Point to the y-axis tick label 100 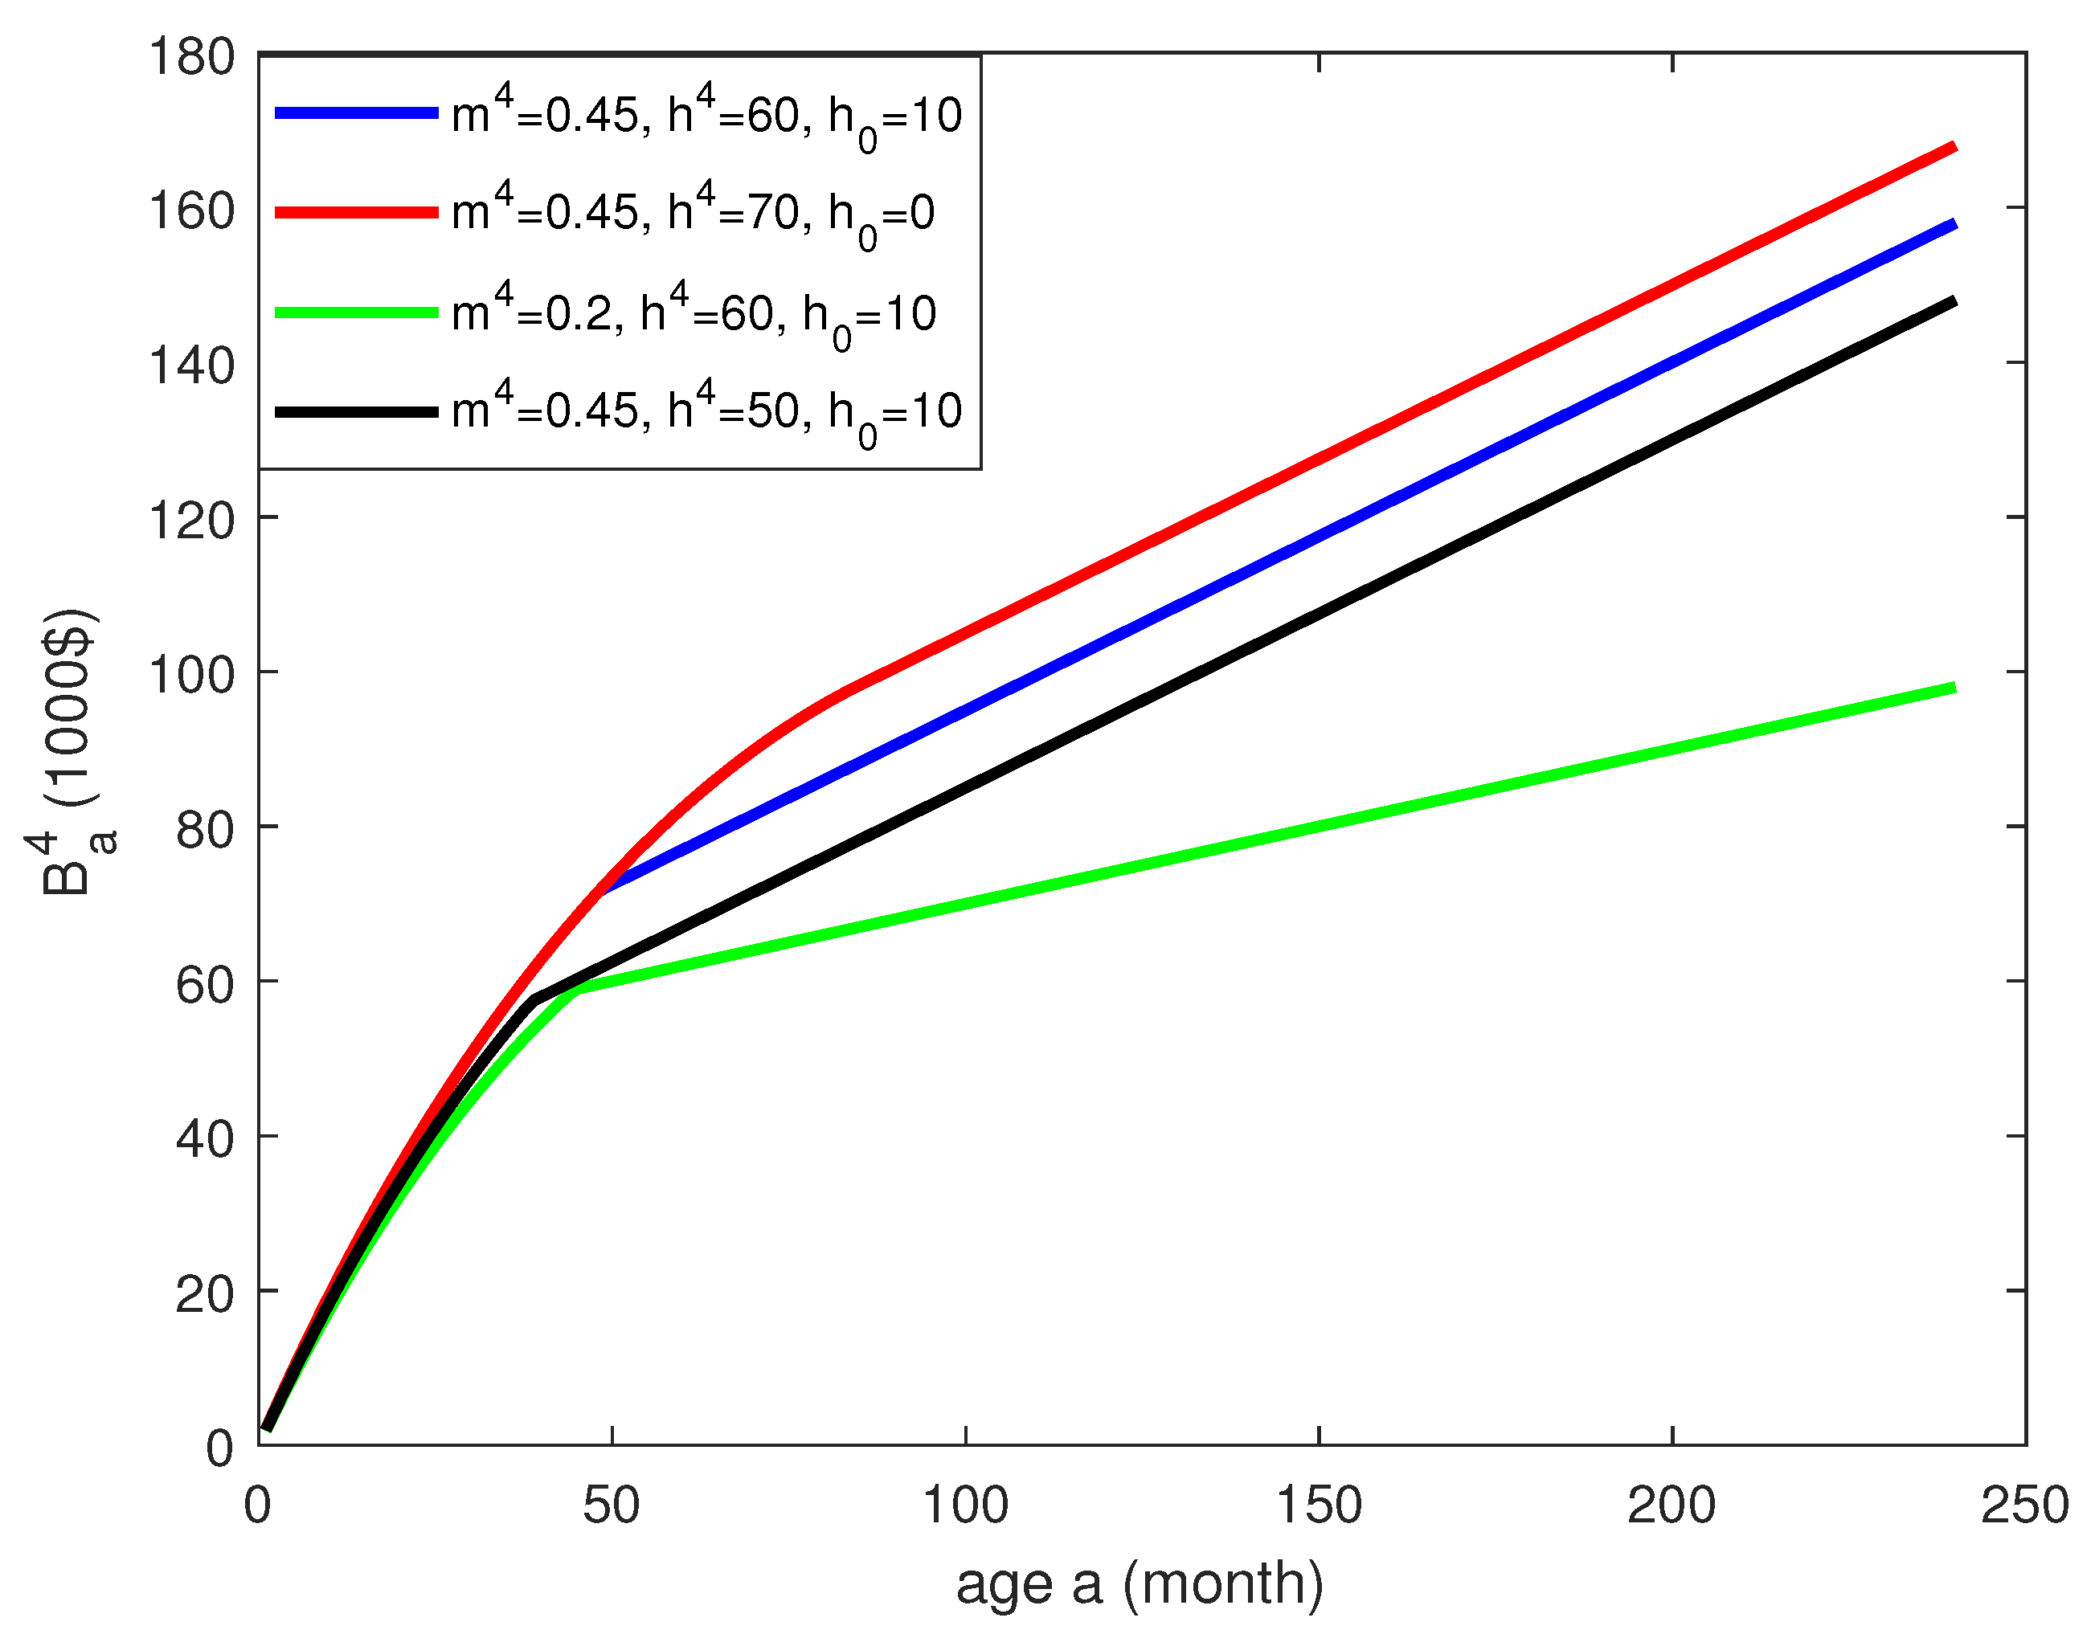point(191,675)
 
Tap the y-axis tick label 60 point(204,985)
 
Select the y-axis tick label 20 point(204,1294)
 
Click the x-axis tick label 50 point(611,1505)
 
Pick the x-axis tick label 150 point(1318,1505)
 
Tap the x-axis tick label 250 point(2024,1505)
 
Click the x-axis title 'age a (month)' point(1140,1584)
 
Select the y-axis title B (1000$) point(72,753)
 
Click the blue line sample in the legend point(356,113)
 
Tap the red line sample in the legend point(356,212)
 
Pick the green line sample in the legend point(356,313)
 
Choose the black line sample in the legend point(356,411)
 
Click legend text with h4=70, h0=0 point(693,213)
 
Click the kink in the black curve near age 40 point(534,1001)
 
